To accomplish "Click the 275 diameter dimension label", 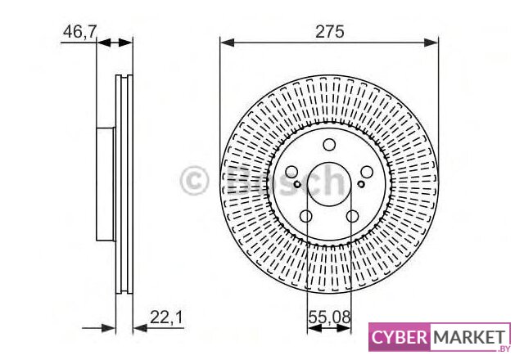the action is [x=329, y=32].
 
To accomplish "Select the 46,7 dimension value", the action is [x=80, y=32].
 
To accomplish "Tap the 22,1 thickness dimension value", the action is [x=166, y=317].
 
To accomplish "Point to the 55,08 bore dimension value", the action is [x=329, y=317].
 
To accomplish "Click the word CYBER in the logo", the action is [x=399, y=337].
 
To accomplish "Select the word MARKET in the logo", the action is [x=469, y=337].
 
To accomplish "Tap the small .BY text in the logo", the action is [x=504, y=349].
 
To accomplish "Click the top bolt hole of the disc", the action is [x=329, y=145].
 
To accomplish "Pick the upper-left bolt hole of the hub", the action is [x=291, y=173].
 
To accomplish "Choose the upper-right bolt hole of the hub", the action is [x=367, y=173].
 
